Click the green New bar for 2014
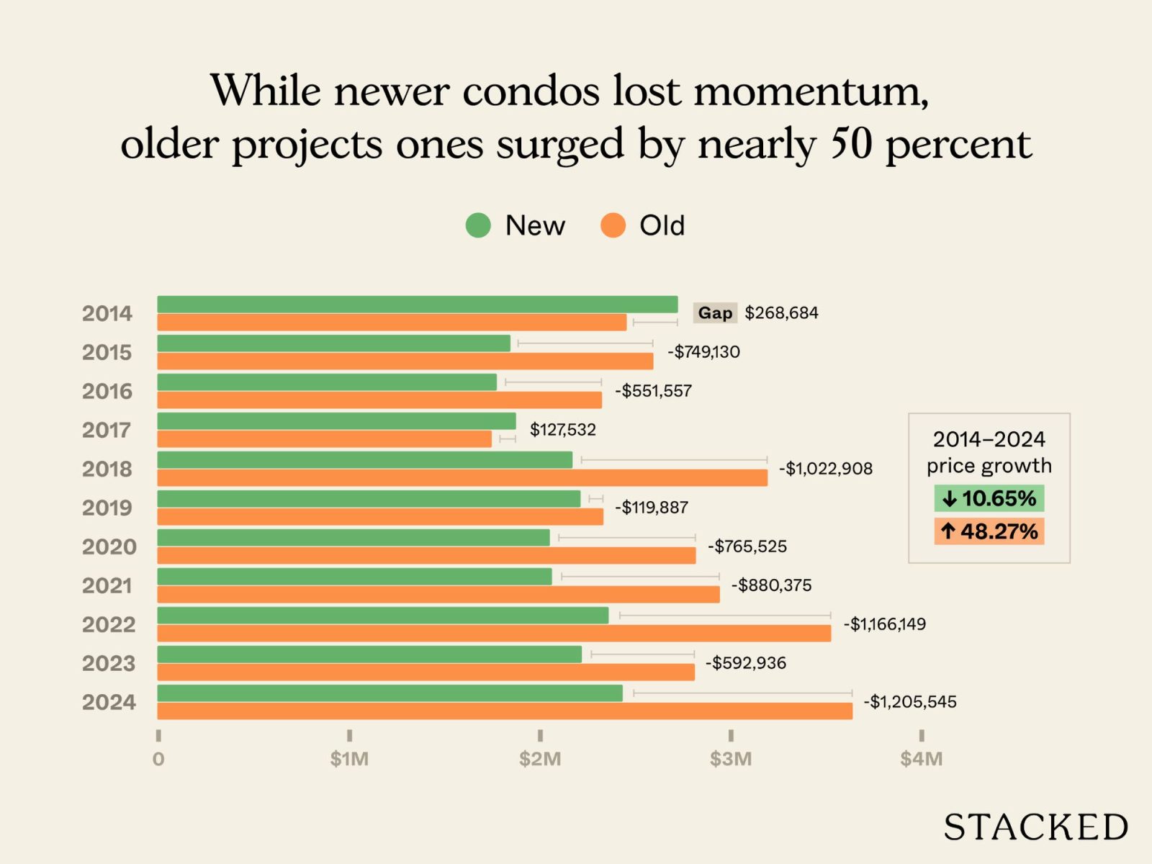418,305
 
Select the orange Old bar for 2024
504,711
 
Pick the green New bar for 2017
336,421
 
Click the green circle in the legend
478,225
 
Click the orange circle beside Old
613,225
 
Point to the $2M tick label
540,759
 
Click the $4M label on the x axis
921,759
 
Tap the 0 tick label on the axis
158,759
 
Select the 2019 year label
107,508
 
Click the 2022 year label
108,624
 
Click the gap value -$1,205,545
910,702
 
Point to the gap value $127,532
563,430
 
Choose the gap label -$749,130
703,352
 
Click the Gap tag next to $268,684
715,313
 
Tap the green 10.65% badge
989,498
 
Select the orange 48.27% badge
989,531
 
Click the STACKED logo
1035,827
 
